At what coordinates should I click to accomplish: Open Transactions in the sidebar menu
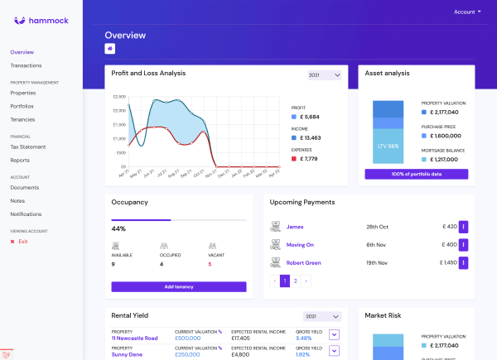26,65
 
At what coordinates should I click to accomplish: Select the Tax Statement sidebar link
27,146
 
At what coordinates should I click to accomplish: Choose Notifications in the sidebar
26,214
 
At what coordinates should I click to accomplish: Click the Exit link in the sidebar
22,241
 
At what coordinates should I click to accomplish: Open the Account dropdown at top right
467,12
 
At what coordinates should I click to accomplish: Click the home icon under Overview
110,49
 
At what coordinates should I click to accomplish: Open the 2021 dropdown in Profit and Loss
324,75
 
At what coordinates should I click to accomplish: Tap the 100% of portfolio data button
416,174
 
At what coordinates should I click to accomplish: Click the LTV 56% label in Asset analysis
388,146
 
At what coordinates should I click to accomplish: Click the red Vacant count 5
210,264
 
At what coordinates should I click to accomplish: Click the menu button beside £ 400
463,245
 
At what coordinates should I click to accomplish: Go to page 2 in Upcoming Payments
295,281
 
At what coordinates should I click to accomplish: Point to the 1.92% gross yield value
303,354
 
